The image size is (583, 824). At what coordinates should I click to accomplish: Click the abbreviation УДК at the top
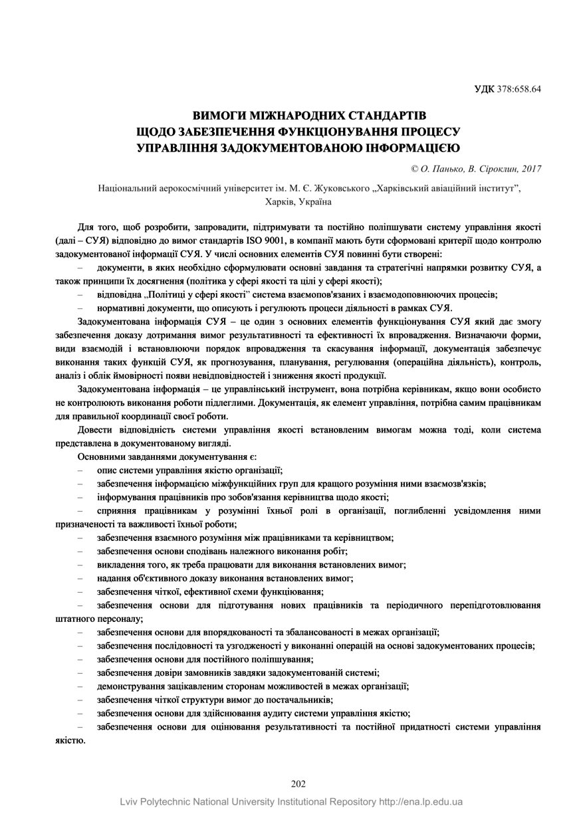(484, 88)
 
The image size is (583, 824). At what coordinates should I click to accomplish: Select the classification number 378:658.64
(519, 88)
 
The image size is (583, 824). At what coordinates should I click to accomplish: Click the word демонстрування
(131, 686)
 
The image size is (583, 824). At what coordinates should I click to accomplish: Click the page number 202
(298, 784)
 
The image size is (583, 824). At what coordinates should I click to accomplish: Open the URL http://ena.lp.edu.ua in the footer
(421, 801)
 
